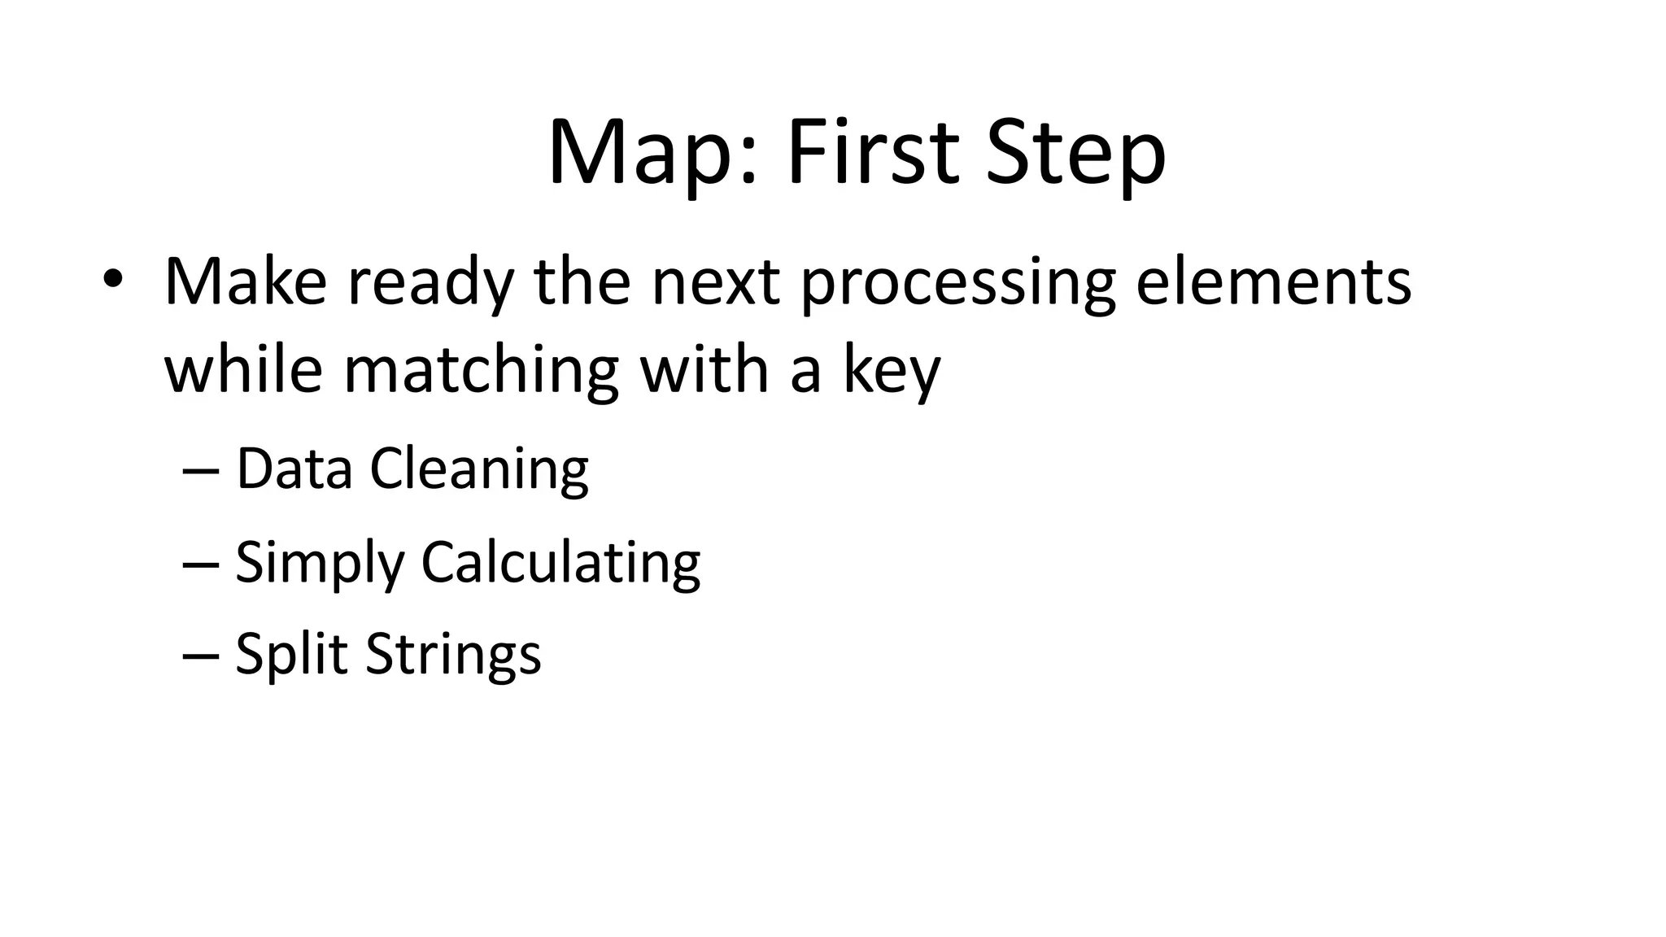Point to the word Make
click(245, 281)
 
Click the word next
click(716, 281)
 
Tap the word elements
click(1273, 281)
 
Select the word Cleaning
click(479, 470)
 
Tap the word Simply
click(319, 563)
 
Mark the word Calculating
click(560, 563)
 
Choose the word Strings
click(453, 654)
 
